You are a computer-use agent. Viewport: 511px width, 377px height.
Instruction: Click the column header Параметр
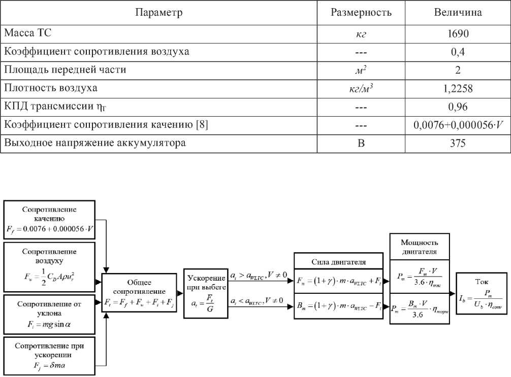158,12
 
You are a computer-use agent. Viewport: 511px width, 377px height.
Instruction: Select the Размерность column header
361,12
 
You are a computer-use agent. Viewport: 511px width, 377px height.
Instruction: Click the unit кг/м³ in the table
361,88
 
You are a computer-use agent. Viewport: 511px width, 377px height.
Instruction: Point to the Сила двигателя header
338,261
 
